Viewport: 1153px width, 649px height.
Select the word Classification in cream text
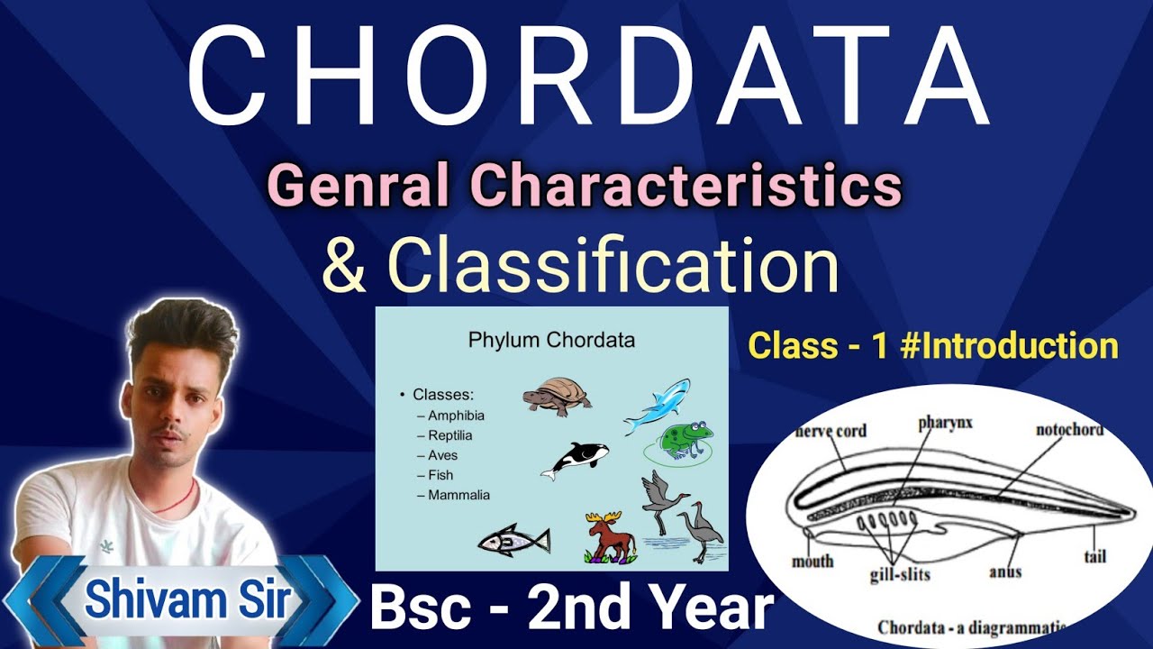click(613, 265)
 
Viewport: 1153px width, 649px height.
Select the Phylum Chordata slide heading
click(551, 341)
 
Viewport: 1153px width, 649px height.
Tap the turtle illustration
click(558, 396)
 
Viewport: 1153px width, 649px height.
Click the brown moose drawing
click(610, 537)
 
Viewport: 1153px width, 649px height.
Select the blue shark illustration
click(658, 405)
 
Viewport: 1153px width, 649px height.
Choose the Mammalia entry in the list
click(459, 495)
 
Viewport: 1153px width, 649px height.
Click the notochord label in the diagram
click(1068, 430)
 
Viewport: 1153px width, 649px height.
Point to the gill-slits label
click(900, 574)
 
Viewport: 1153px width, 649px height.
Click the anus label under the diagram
click(1004, 571)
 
